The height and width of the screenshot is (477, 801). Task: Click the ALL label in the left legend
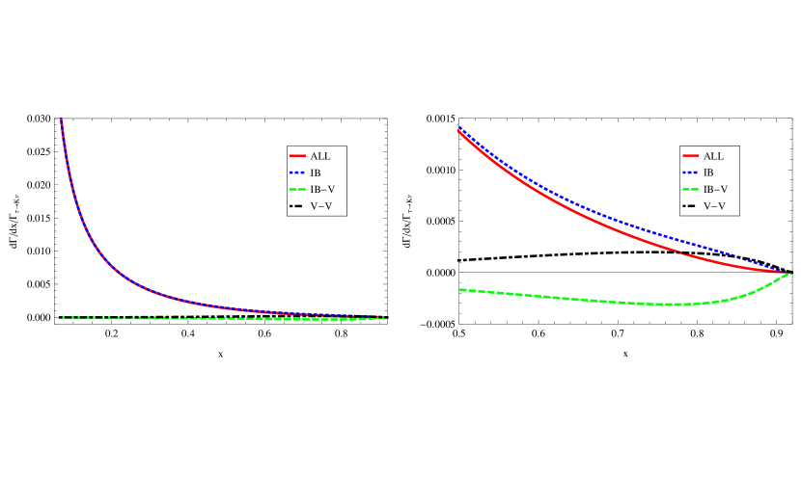[x=319, y=156]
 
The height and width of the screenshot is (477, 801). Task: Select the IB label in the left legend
[x=316, y=172]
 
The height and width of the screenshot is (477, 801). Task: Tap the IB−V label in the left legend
[x=322, y=190]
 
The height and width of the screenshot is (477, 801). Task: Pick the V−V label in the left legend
[x=320, y=206]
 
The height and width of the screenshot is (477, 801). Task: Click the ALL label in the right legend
[x=713, y=156]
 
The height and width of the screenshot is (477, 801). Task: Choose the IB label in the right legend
[x=708, y=172]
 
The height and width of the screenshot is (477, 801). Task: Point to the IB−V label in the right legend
[x=715, y=190]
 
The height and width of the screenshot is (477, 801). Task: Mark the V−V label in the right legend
[x=714, y=206]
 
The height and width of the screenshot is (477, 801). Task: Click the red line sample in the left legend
[x=297, y=156]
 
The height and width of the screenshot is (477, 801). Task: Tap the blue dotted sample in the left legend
[x=297, y=172]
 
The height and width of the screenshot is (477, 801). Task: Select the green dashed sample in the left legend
[x=297, y=190]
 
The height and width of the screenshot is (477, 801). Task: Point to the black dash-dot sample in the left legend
[x=297, y=206]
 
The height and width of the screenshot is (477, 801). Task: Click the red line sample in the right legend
[x=690, y=156]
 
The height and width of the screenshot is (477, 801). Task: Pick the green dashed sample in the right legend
[x=690, y=190]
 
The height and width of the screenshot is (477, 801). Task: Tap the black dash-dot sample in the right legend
[x=690, y=206]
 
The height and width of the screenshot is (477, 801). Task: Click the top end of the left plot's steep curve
[x=61, y=120]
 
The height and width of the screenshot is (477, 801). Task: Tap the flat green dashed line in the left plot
[x=290, y=319]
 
